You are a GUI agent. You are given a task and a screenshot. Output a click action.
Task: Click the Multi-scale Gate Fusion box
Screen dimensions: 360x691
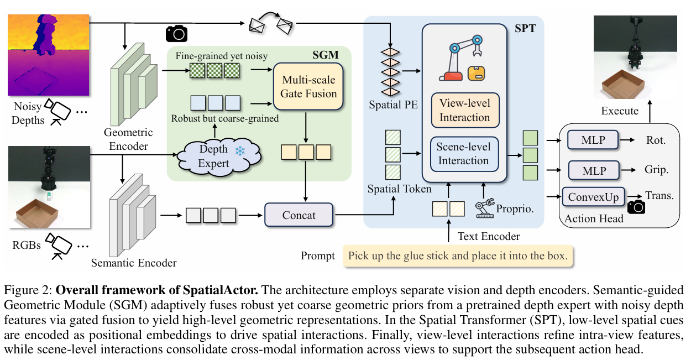[x=308, y=87]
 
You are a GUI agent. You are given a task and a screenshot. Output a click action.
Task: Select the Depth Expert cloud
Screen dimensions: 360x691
[x=214, y=156]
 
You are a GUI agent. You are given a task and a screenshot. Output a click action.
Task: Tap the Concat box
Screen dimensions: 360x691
[x=299, y=215]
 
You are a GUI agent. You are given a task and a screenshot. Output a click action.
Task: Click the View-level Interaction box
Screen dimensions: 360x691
[x=464, y=111]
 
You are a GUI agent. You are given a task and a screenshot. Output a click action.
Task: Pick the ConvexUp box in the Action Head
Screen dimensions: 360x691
[x=594, y=197]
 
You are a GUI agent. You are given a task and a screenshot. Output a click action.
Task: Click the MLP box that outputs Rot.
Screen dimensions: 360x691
[x=594, y=140]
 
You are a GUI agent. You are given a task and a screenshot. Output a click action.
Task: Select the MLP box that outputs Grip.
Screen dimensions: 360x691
[x=594, y=171]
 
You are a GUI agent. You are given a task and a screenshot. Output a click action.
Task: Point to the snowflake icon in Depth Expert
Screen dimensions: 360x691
[x=239, y=151]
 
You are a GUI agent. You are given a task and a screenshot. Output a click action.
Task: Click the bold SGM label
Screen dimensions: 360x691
[x=325, y=54]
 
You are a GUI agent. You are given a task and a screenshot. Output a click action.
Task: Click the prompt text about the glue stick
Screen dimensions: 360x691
[x=457, y=257]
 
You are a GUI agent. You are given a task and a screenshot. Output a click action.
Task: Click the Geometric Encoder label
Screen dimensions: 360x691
[x=126, y=139]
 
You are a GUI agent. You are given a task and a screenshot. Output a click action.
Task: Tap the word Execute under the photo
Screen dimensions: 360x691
[x=620, y=111]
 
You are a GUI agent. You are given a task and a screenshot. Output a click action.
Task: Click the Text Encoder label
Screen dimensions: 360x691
[x=489, y=237]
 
